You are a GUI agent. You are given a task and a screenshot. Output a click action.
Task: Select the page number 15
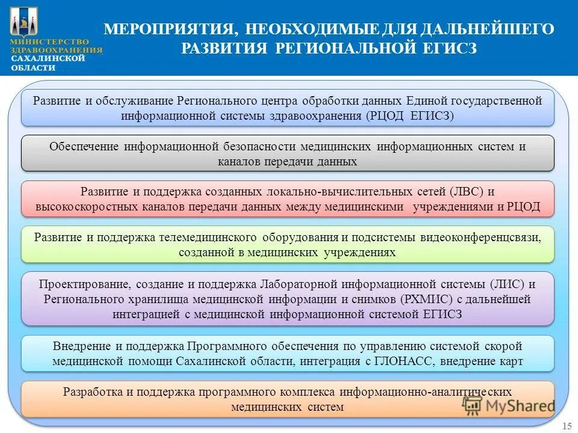point(567,426)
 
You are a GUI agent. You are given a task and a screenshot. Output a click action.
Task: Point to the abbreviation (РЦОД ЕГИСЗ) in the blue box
point(409,115)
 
